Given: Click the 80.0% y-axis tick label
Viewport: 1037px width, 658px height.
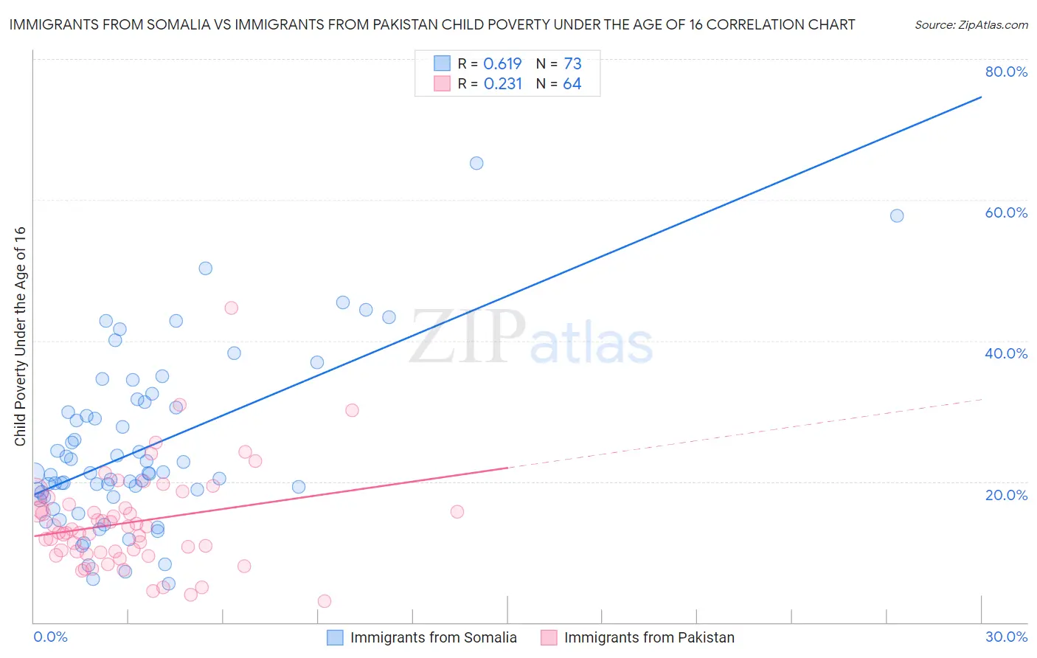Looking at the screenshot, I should tap(1006, 72).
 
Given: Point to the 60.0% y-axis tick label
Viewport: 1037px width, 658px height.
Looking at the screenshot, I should tap(1006, 212).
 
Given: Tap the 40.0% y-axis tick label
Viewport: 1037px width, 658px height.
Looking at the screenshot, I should tap(1006, 353).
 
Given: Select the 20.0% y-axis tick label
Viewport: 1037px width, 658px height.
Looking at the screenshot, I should tap(1006, 495).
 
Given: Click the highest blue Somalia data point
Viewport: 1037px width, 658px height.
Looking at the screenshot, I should tap(476, 163).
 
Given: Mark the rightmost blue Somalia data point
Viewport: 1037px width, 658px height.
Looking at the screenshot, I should tap(897, 215).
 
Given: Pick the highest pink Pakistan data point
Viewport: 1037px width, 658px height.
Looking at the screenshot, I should tap(231, 308).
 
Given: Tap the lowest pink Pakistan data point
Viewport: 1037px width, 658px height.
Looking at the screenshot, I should tap(325, 601).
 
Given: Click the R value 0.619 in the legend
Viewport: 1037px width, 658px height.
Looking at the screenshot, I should tap(502, 64).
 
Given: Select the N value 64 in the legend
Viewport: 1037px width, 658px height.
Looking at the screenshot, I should tap(572, 84).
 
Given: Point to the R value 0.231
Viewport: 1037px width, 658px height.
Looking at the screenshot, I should tap(502, 84).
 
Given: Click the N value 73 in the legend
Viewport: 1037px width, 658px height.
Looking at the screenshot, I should tap(572, 64).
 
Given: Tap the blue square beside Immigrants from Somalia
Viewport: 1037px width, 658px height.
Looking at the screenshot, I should tap(335, 638).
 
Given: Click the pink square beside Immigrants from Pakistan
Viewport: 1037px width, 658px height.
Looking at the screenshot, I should tap(549, 638).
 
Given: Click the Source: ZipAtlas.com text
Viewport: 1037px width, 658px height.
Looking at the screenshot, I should tap(971, 25).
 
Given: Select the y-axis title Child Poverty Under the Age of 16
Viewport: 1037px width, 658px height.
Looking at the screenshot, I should tap(20, 336).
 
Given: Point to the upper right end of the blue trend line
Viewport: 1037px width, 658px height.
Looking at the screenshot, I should tap(981, 97).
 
